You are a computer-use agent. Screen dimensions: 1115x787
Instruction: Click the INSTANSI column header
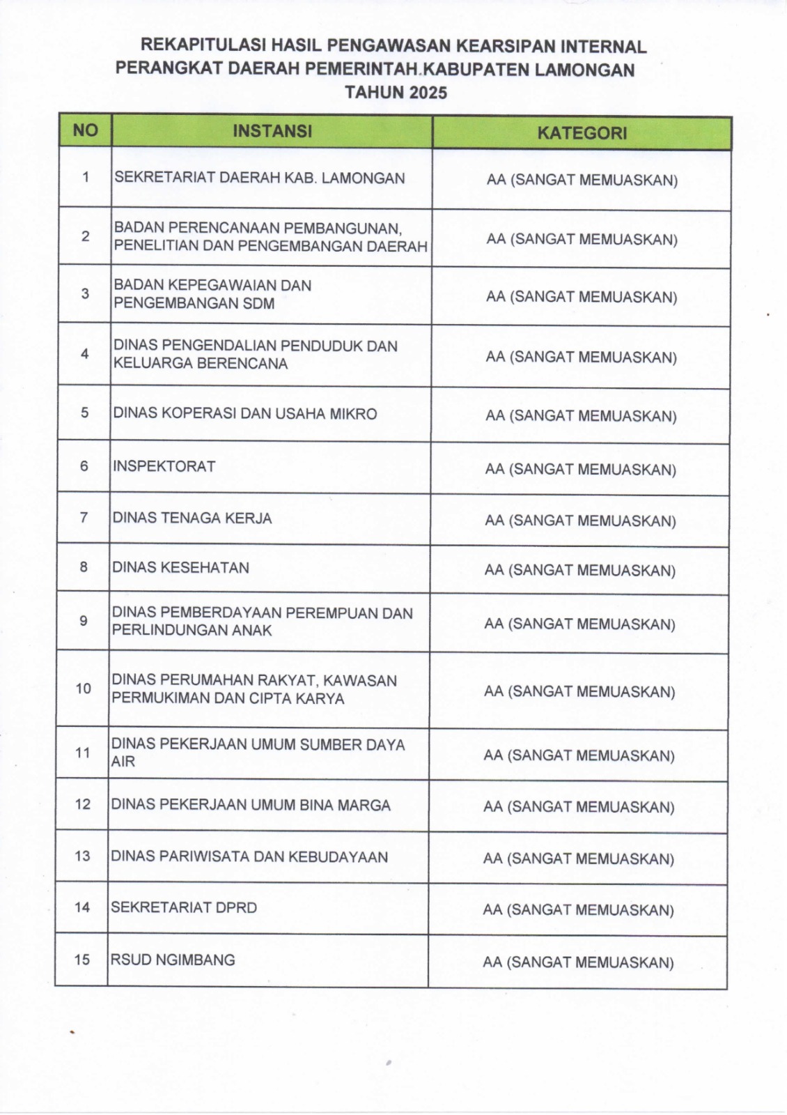[x=272, y=131]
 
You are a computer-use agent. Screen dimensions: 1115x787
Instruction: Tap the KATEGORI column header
[x=582, y=133]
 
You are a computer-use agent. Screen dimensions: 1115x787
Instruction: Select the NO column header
[x=85, y=130]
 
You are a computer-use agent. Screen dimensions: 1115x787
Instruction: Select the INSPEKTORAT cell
[x=164, y=466]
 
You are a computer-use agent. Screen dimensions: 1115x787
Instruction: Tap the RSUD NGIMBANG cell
[x=173, y=960]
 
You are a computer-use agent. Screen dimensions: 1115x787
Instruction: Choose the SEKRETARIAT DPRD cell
[x=184, y=907]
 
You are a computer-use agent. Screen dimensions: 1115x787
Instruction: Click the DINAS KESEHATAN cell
[x=180, y=567]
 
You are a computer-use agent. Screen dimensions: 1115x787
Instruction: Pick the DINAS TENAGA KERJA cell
[x=192, y=518]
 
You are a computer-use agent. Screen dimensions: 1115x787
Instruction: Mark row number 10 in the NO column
[x=84, y=689]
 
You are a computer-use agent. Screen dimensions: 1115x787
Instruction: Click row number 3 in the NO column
[x=85, y=293]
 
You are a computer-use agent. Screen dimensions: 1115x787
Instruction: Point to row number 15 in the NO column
[x=82, y=960]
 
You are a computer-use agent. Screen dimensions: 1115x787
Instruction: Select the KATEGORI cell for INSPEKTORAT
[x=580, y=469]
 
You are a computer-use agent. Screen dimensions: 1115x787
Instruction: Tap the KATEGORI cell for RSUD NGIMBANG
[x=578, y=962]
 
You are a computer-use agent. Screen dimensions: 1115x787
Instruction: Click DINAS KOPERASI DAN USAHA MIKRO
[x=244, y=413]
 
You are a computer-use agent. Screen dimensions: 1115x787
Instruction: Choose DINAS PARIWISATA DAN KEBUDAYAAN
[x=249, y=856]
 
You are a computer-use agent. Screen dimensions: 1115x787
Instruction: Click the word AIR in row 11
[x=123, y=762]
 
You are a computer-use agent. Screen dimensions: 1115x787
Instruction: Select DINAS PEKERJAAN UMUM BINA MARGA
[x=251, y=805]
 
